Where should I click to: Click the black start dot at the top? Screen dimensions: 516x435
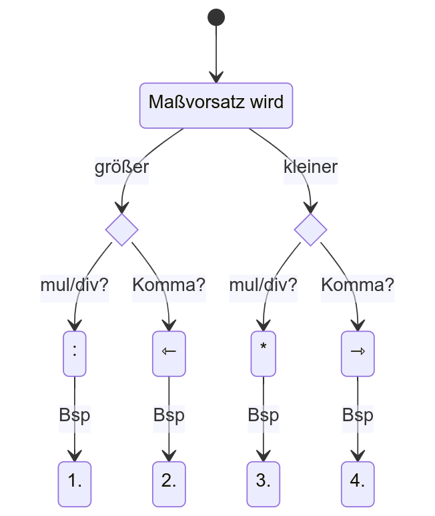point(216,17)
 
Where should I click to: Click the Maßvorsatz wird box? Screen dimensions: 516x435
point(216,105)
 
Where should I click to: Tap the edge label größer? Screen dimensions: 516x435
point(121,166)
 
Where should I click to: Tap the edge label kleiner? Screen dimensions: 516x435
point(311,166)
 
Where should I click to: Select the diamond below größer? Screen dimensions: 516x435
point(121,230)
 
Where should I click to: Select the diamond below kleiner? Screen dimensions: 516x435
point(311,230)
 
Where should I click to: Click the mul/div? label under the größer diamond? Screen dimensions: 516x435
point(74,286)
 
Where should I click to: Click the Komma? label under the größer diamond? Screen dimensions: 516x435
point(169,286)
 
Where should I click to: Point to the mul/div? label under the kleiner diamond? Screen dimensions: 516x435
point(264,286)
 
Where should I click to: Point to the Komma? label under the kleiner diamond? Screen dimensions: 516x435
point(358,286)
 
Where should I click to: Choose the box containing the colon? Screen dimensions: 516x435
point(74,353)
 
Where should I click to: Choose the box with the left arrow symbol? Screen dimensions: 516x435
point(169,353)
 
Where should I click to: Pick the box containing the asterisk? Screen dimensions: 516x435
point(264,353)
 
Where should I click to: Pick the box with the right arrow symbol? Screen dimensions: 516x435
point(358,353)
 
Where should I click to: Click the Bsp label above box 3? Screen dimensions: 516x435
point(264,415)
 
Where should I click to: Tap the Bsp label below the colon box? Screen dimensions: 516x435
point(74,415)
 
